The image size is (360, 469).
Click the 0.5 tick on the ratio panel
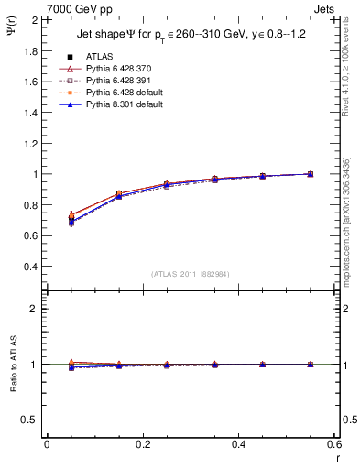coord(30,420)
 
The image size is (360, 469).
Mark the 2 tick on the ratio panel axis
coord(34,309)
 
